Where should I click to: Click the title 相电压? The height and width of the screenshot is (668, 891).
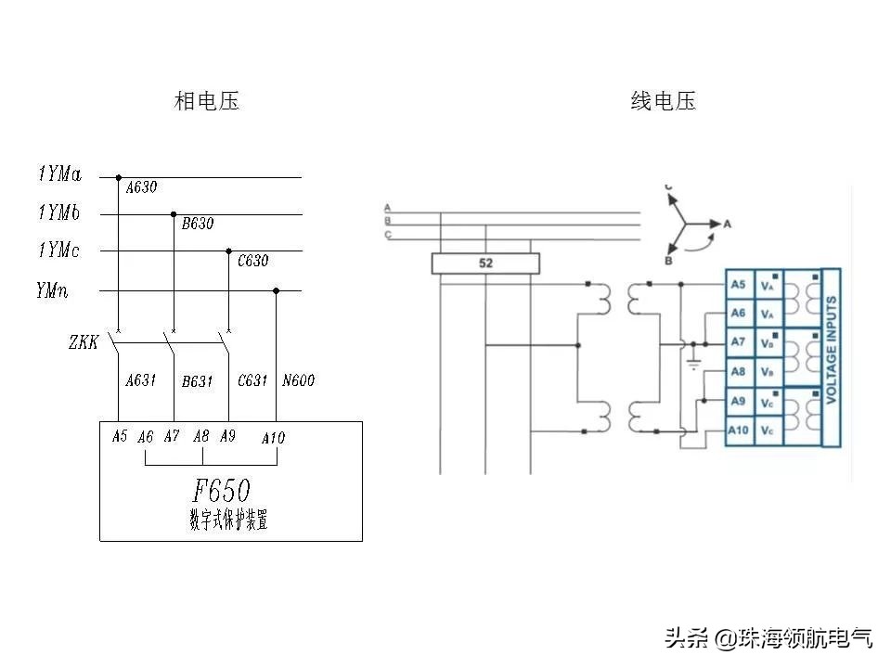pos(206,101)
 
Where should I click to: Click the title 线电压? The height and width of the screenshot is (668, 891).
pos(663,101)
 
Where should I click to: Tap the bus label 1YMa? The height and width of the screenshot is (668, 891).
pos(59,173)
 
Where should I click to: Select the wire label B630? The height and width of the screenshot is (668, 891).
pos(197,224)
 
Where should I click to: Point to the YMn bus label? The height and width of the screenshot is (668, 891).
pos(52,291)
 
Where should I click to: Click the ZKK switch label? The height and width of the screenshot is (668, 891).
pos(83,342)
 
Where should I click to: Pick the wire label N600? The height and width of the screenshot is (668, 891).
pos(298,380)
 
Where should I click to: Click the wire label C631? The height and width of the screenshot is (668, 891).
pos(252,380)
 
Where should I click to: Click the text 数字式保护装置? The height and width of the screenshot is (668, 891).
pos(228,521)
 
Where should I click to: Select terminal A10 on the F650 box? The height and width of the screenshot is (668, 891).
pos(273,437)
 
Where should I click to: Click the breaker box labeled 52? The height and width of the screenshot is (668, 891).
pos(485,263)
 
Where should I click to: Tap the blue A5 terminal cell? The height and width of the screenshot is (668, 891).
pos(738,284)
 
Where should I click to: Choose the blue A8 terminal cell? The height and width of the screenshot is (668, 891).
pos(738,371)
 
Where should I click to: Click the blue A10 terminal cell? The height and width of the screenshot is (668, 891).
pos(738,430)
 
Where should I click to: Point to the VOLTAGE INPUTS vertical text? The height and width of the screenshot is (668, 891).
pos(832,357)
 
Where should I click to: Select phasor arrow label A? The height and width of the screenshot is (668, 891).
pos(728,224)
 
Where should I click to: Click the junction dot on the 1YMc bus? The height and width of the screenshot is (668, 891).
pos(229,250)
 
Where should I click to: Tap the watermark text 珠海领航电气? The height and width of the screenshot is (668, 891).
pos(805,637)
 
